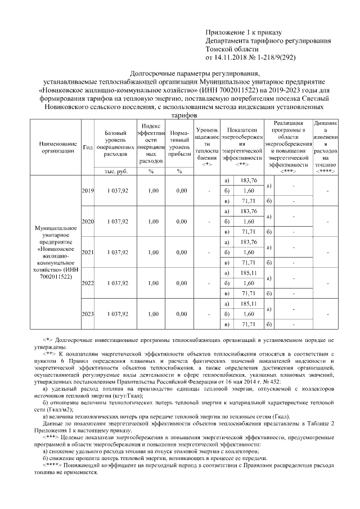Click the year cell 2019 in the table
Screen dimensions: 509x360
[x=87, y=191]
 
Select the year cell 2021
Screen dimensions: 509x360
[x=87, y=253]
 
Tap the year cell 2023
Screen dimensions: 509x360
[x=87, y=313]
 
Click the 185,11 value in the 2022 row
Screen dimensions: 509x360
[x=248, y=272]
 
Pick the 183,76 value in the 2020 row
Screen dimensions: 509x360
[x=248, y=211]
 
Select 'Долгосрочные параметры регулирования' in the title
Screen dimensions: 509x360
[x=195, y=73]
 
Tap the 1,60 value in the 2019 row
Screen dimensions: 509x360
[x=248, y=191]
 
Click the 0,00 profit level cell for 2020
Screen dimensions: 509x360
[x=181, y=222]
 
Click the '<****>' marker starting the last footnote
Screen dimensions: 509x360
[x=53, y=465]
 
